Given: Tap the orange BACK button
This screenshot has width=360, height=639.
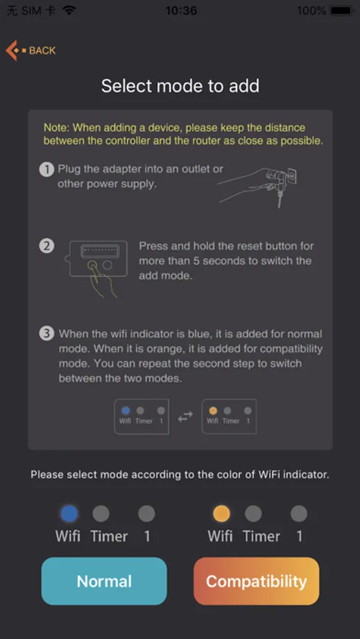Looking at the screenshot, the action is [31, 50].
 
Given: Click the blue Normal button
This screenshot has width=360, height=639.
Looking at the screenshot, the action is [104, 581].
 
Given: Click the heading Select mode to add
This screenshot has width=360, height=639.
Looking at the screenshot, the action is [180, 86].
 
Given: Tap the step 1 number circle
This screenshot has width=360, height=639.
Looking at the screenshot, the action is [46, 169].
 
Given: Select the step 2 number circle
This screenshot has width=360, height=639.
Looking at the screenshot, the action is [46, 246].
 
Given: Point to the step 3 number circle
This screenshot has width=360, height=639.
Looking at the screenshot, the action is [46, 334].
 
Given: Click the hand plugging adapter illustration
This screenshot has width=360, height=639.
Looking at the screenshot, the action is [258, 185].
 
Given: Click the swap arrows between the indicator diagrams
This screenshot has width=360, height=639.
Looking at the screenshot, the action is [185, 417].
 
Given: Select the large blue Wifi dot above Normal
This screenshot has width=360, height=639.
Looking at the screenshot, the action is [69, 513].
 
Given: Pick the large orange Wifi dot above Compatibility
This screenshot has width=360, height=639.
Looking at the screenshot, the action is [222, 513].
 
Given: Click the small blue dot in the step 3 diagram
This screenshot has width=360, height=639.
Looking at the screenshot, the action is [126, 410].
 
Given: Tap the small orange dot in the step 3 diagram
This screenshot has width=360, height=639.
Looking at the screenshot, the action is [213, 410].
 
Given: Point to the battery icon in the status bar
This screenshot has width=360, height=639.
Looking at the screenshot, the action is [342, 10].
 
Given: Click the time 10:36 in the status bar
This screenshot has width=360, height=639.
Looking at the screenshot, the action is [181, 10].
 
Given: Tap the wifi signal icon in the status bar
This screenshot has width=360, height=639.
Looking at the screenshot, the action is [70, 10].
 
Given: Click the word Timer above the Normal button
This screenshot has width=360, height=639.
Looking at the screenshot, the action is [109, 535].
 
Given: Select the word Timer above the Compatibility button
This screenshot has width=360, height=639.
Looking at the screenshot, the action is [261, 535].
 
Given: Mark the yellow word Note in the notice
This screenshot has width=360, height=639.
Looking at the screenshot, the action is [55, 128].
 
